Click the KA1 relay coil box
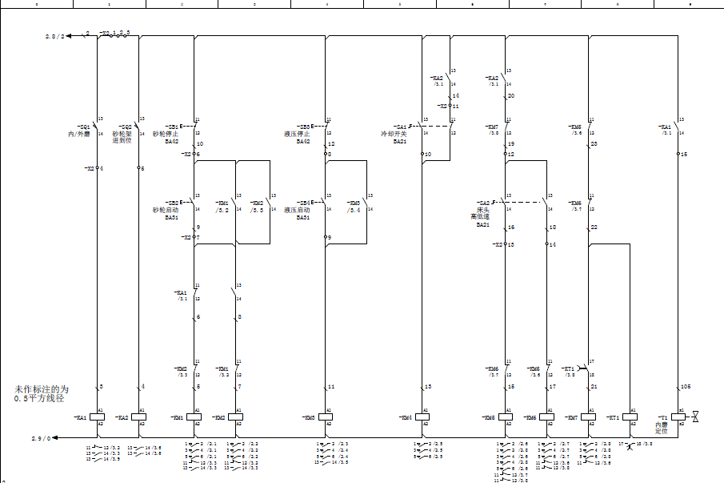click(97, 417)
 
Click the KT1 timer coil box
click(631, 417)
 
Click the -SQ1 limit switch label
click(83, 127)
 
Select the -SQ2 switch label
click(124, 127)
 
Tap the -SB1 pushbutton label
click(172, 127)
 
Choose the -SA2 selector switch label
click(483, 203)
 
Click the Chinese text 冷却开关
click(394, 134)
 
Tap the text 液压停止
click(298, 134)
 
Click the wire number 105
click(686, 387)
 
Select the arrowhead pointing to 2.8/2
click(73, 35)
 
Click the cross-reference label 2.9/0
click(41, 438)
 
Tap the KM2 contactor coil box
click(235, 417)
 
